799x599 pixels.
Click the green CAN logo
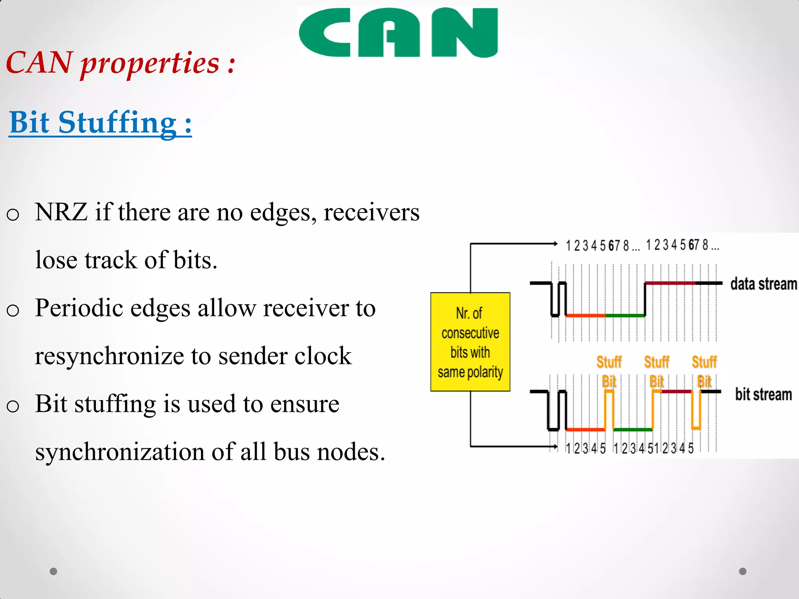398,33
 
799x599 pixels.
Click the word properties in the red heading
150,63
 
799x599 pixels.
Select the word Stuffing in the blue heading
117,123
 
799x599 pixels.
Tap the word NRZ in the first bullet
61,212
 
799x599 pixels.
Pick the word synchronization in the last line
120,452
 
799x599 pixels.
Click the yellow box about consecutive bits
470,342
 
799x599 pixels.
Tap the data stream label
763,284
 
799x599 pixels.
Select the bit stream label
763,394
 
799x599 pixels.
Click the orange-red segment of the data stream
586,315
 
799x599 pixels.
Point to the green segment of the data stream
625,315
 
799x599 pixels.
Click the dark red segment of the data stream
670,283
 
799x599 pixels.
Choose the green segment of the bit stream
633,429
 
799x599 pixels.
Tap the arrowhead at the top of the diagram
556,244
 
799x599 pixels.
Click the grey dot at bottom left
53,571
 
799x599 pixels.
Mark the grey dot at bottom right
743,571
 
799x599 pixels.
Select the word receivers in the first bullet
371,212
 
